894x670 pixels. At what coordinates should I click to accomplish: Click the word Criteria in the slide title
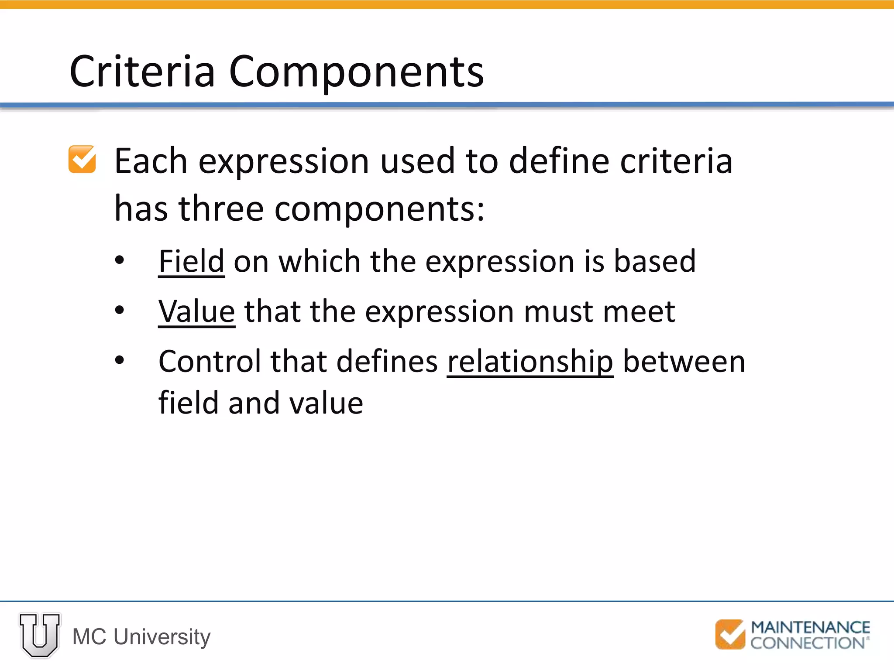142,72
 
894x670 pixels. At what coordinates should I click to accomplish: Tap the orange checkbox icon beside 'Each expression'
82,159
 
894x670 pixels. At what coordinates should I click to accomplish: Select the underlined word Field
191,262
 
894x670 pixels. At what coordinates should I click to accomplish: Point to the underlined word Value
196,312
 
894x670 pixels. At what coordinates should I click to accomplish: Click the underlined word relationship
530,362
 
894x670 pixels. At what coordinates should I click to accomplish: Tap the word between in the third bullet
684,362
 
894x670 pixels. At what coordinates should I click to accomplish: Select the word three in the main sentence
221,209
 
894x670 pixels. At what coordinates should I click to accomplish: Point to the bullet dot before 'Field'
120,261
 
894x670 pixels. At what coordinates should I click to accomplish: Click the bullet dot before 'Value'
120,311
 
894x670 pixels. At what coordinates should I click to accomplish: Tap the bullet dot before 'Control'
120,360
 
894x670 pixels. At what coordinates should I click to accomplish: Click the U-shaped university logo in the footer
40,635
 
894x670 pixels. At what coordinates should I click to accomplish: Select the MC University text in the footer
141,637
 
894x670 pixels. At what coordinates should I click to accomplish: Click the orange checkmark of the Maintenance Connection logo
730,634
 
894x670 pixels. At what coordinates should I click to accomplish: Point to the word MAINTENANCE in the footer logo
810,627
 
